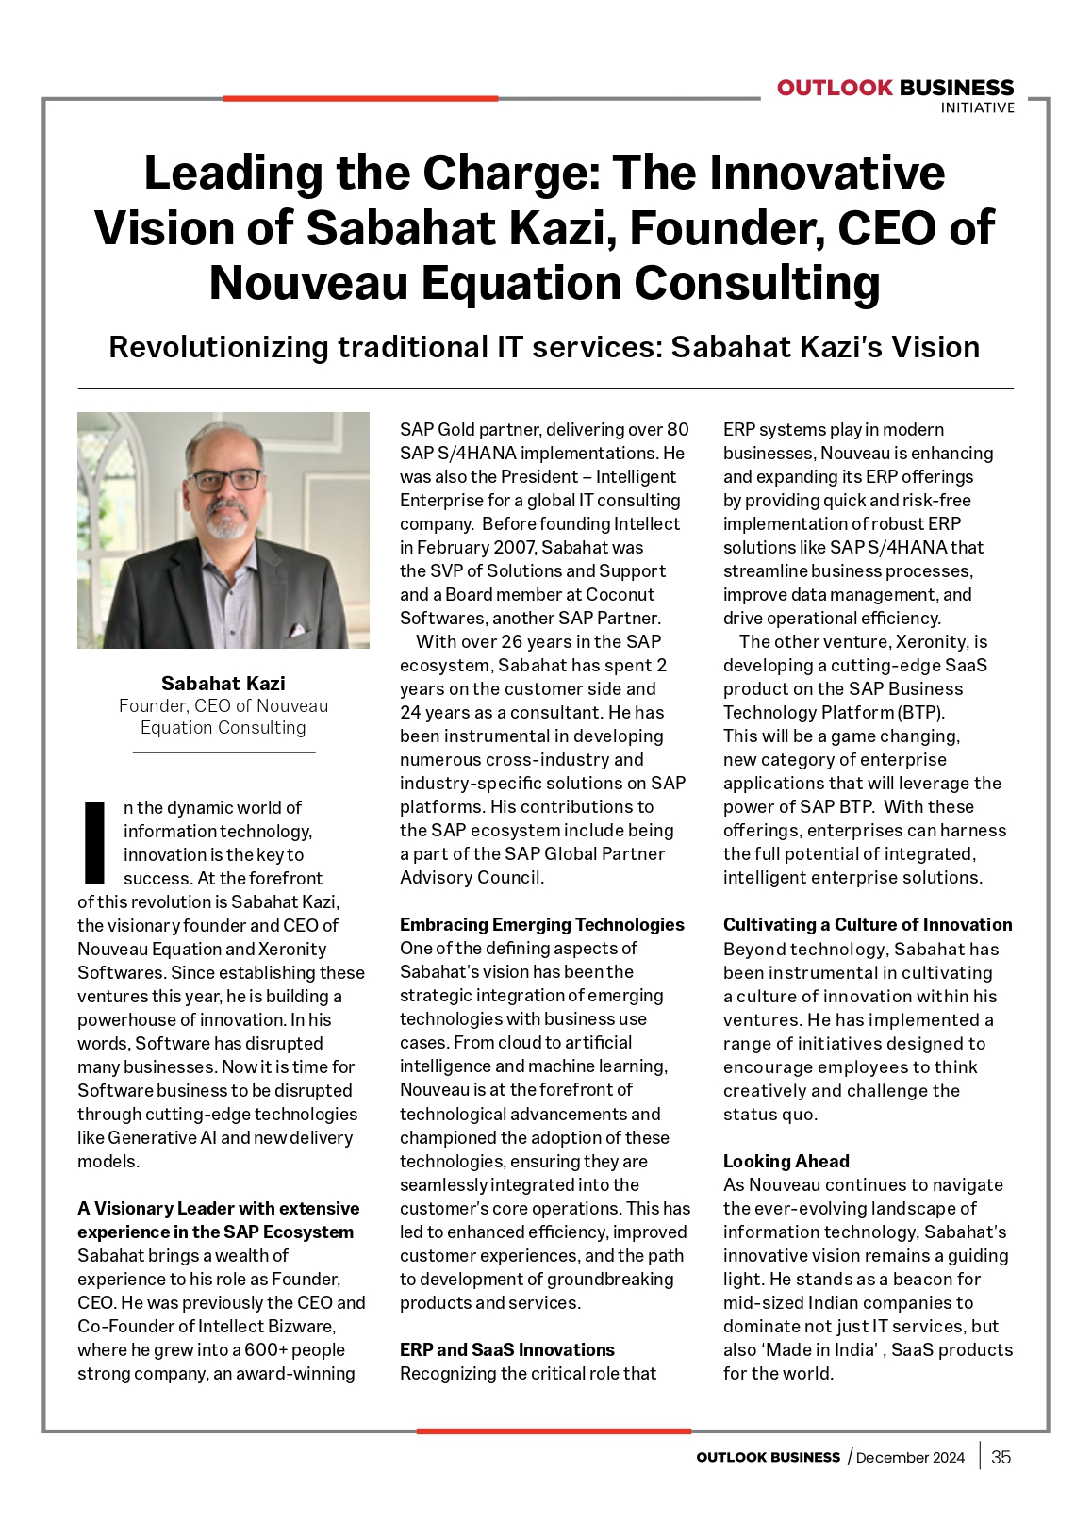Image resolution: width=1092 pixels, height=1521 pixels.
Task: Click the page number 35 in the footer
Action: point(1001,1457)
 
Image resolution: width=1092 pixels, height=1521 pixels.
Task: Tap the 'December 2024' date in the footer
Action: point(910,1458)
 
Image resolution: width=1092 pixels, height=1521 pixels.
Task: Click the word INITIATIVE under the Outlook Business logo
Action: point(977,108)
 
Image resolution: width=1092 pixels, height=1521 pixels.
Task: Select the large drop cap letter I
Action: point(94,842)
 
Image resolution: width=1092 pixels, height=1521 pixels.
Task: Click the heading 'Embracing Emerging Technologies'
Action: point(541,924)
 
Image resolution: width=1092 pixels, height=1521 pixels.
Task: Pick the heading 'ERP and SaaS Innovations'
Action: point(506,1349)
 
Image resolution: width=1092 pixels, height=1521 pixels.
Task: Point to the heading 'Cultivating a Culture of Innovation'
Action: point(867,924)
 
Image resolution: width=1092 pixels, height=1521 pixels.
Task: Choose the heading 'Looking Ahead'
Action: point(786,1161)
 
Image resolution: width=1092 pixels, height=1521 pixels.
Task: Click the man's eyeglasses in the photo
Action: point(226,479)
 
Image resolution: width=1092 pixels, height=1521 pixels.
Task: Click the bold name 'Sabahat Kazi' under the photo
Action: point(223,683)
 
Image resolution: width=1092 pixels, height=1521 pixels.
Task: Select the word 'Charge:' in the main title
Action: point(508,174)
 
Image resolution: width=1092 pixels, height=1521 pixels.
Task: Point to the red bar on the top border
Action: point(360,98)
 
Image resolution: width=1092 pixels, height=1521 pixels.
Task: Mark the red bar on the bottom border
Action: point(554,1431)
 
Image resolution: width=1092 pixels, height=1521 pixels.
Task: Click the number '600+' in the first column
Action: point(268,1349)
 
